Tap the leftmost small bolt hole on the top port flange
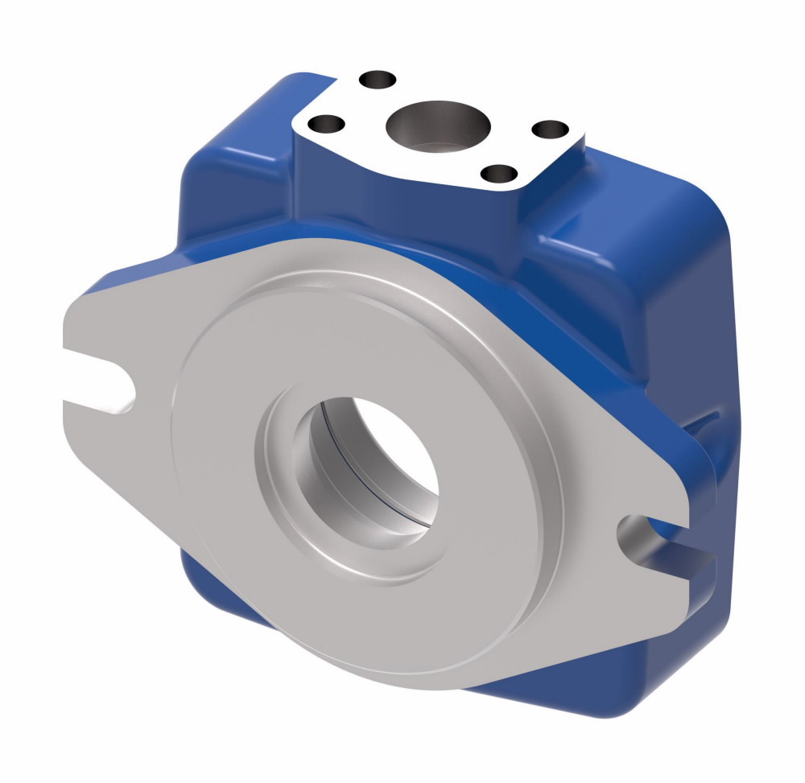pyautogui.click(x=327, y=125)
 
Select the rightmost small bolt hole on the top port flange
pyautogui.click(x=551, y=130)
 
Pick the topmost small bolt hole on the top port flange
pyautogui.click(x=378, y=80)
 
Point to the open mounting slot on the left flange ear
pyautogui.click(x=101, y=378)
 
